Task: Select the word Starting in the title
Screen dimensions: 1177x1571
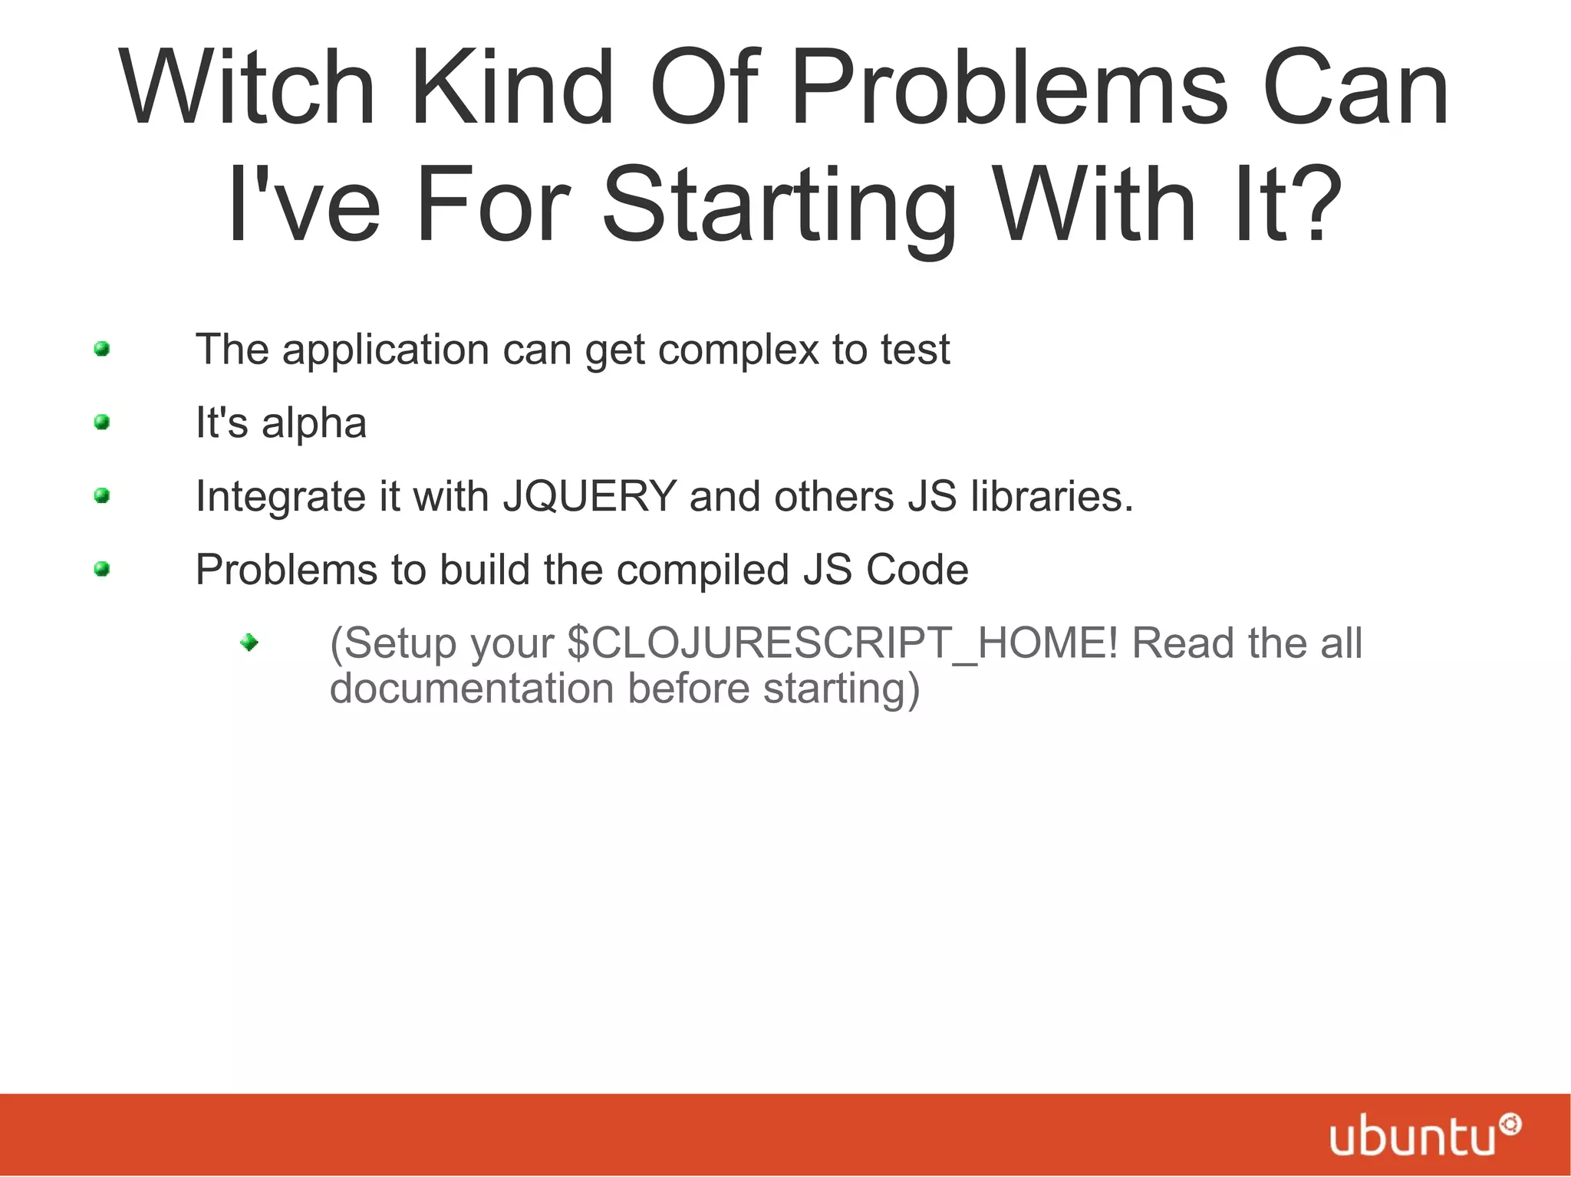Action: point(779,205)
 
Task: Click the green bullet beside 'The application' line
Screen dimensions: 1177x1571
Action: point(102,350)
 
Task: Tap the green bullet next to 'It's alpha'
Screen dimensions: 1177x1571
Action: point(102,422)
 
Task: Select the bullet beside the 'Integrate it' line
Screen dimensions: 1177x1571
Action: point(102,496)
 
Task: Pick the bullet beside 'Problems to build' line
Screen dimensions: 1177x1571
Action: point(102,569)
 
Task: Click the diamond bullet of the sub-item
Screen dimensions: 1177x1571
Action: point(249,643)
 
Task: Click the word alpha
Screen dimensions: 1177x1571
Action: point(314,423)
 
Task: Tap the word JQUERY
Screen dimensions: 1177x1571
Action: point(589,496)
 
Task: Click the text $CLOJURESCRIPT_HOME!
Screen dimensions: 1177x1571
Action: point(842,643)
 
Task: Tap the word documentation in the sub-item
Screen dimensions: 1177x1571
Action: point(472,689)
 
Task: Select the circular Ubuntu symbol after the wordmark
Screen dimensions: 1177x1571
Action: point(1510,1125)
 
